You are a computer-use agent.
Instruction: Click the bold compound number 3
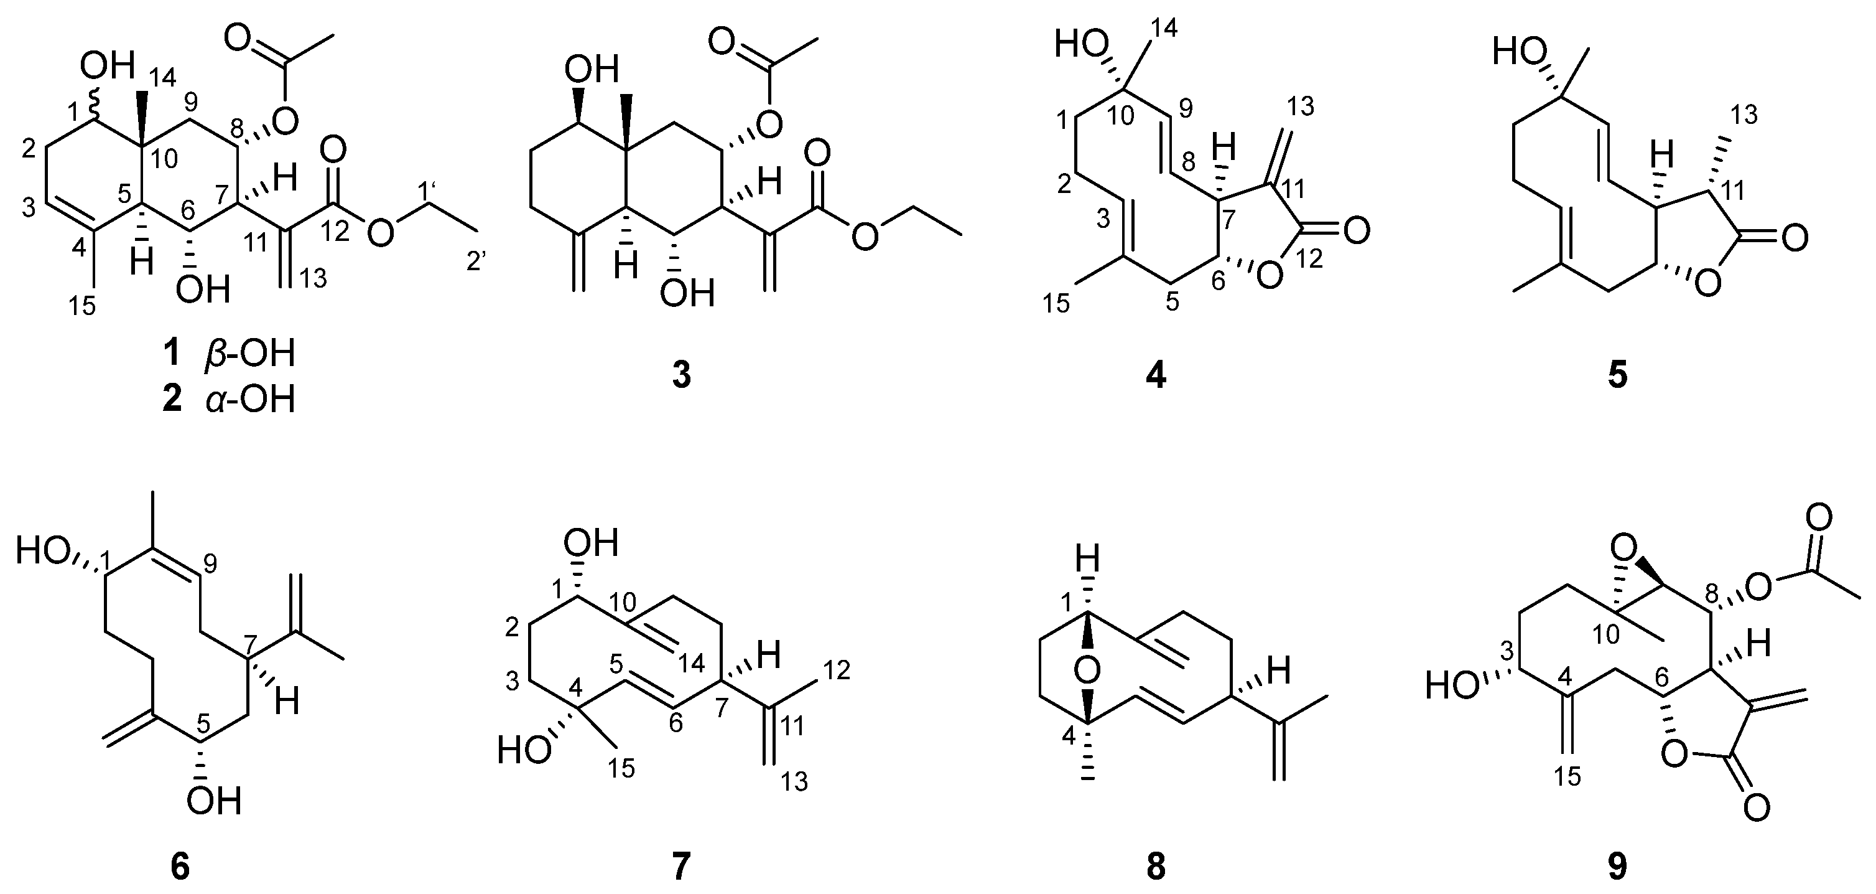[682, 376]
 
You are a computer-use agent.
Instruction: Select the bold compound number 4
[1156, 376]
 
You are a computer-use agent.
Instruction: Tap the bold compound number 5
[1617, 376]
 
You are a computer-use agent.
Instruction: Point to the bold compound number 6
[179, 867]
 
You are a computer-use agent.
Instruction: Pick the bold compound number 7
[681, 867]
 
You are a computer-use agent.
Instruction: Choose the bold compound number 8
[1156, 867]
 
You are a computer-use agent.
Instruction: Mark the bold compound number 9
[1617, 867]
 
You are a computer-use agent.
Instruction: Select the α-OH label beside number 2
[250, 400]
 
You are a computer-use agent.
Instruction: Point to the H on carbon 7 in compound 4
[1224, 151]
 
